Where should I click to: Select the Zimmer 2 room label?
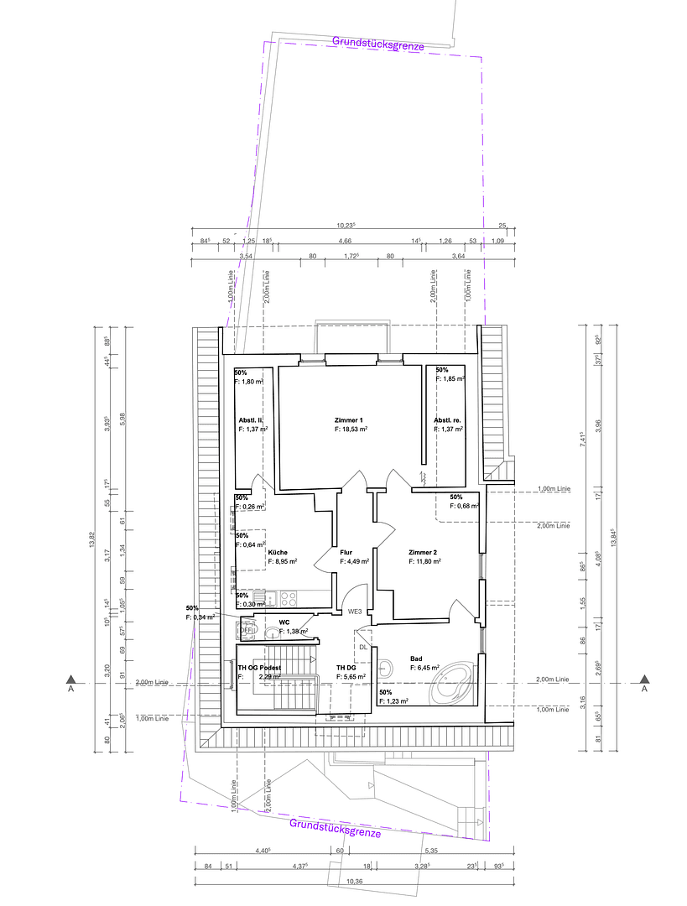pos(423,552)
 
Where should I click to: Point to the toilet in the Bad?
pos(387,669)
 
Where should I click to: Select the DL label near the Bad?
pos(362,647)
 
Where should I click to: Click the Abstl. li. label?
pos(252,419)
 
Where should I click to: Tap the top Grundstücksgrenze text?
pos(377,43)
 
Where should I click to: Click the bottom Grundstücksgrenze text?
pos(335,828)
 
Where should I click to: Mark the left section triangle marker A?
pos(72,679)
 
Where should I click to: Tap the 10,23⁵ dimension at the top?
pos(346,225)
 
